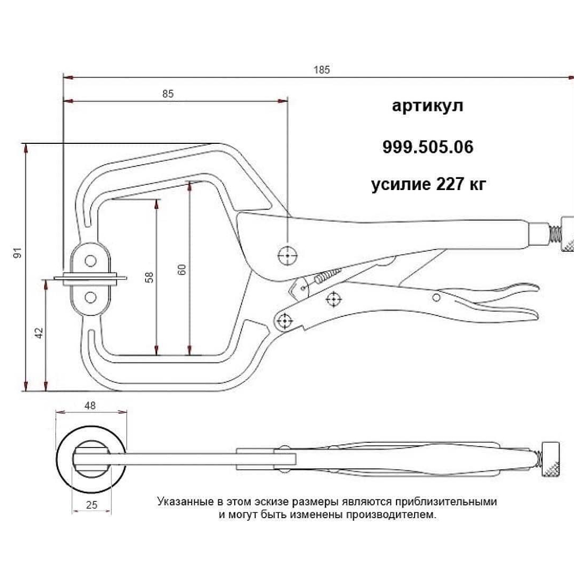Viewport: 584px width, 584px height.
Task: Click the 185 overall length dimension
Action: coord(322,70)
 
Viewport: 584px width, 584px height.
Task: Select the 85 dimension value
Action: coord(168,94)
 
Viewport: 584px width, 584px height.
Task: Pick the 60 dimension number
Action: coord(182,269)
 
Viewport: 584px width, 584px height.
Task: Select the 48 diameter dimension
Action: coord(90,405)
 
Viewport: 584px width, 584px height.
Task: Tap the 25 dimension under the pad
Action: coord(91,505)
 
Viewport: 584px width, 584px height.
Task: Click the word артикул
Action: coord(427,106)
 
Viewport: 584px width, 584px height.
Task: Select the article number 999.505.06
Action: coord(427,147)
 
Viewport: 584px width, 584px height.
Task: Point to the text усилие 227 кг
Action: coord(428,184)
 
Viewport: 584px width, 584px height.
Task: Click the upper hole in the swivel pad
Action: coord(91,260)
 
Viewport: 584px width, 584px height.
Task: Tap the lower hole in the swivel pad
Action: coord(91,297)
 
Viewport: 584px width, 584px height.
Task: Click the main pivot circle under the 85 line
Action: coord(287,255)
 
